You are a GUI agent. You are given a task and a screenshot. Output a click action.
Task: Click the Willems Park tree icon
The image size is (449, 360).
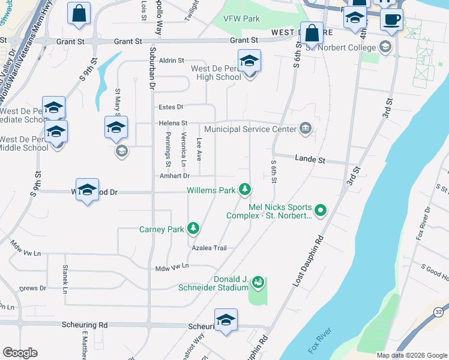244,190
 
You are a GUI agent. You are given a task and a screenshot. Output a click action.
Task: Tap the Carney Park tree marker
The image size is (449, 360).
193,229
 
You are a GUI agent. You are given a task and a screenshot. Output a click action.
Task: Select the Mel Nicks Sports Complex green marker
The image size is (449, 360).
320,210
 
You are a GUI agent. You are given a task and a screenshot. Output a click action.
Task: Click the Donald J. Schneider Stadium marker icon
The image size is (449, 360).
258,281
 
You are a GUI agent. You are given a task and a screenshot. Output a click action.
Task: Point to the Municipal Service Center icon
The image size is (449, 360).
305,128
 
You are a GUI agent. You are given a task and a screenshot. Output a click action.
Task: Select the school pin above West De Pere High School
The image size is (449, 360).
249,61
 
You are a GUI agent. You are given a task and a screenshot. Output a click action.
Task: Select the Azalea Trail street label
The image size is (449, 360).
209,248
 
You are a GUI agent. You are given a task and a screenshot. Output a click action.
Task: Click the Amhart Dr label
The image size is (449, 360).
175,176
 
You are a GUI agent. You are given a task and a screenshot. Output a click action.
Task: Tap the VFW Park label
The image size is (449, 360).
241,19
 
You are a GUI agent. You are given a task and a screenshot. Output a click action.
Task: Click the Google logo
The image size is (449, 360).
20,353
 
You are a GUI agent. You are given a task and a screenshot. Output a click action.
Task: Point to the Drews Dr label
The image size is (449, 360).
33,289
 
